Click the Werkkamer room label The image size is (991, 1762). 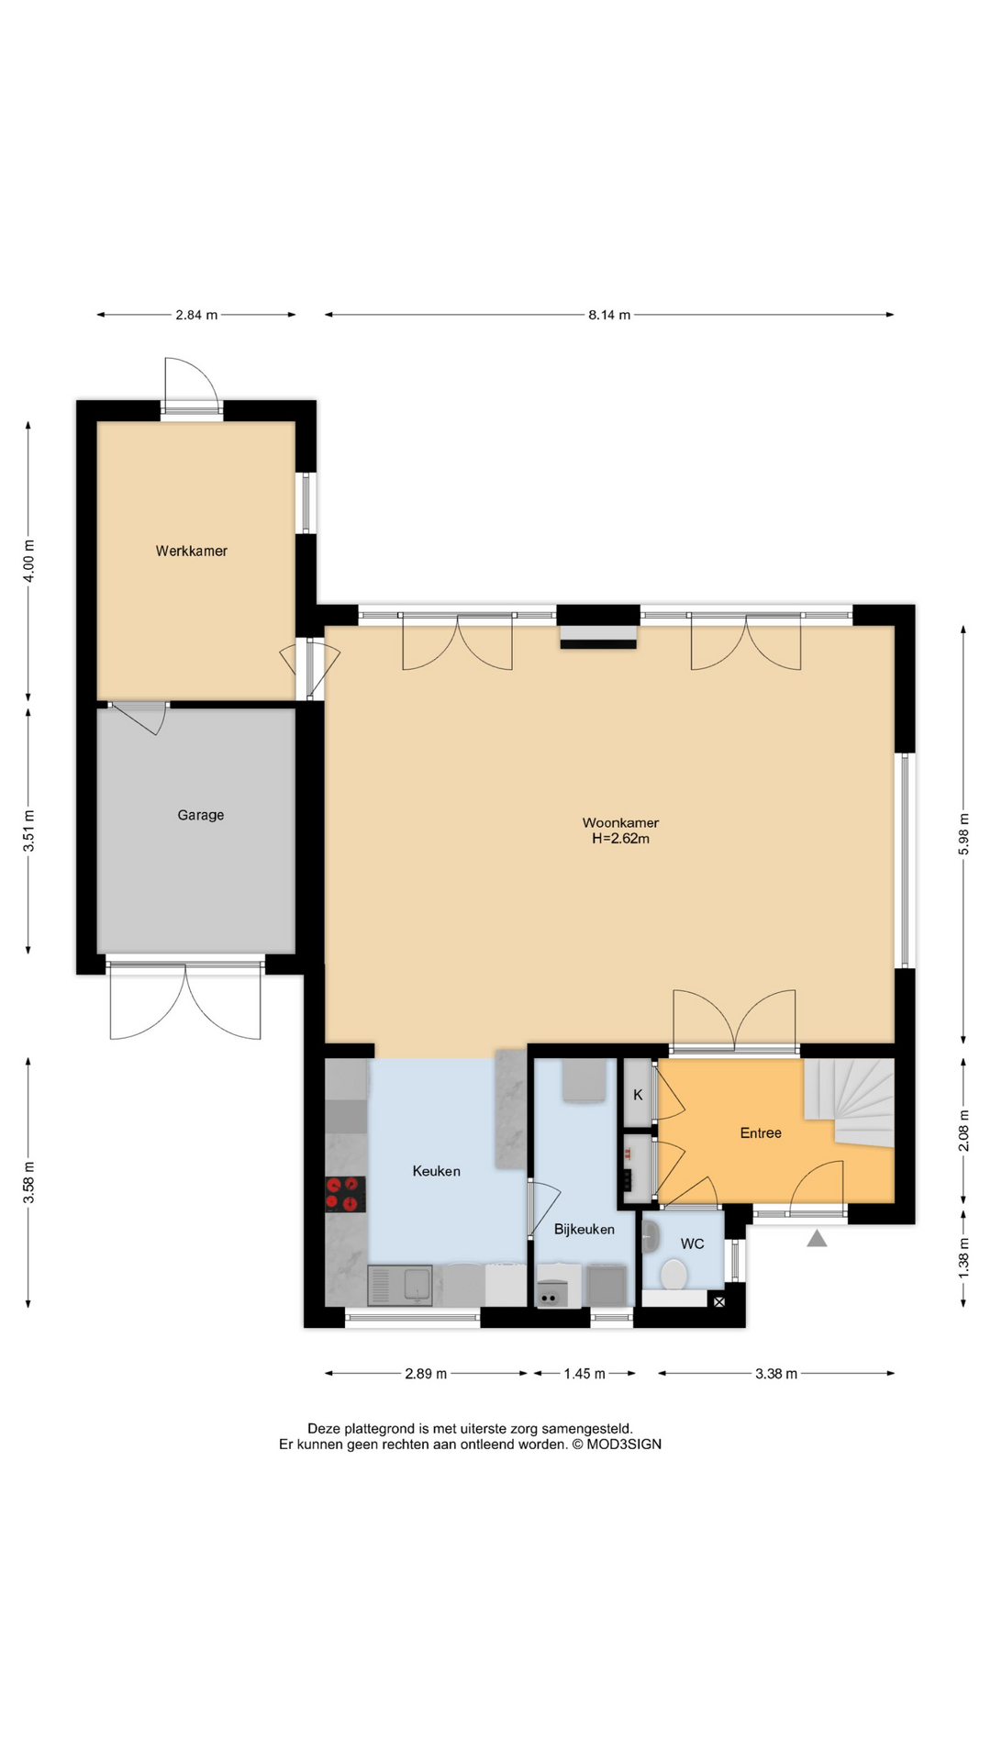[191, 551]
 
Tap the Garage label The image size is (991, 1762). [200, 815]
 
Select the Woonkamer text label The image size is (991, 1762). [620, 822]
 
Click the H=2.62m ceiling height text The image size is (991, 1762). [620, 839]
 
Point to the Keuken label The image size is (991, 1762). [436, 1171]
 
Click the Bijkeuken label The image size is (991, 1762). [584, 1229]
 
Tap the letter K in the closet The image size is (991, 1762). [638, 1095]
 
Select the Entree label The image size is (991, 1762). [761, 1133]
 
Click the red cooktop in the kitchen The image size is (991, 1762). [345, 1194]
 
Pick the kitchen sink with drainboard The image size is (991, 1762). [400, 1285]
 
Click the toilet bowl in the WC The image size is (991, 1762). [674, 1275]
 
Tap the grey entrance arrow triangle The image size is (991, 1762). [817, 1239]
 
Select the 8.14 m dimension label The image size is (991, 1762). [609, 315]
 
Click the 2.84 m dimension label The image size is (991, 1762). [196, 315]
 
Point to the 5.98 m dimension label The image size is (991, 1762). [963, 834]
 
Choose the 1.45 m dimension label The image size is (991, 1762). [585, 1374]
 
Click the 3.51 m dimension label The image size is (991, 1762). [28, 831]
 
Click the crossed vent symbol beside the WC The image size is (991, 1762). [718, 1301]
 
